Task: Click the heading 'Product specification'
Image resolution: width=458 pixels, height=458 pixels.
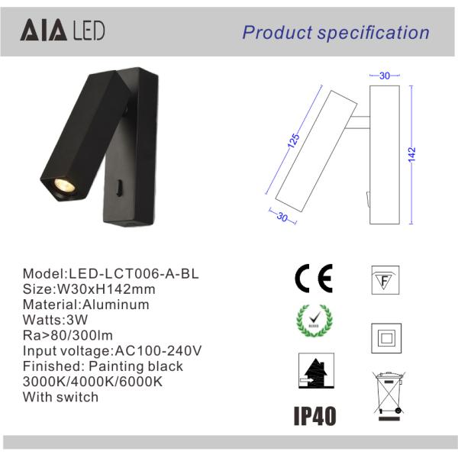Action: pos(336,32)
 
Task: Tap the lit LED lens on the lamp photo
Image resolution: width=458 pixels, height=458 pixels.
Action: pos(61,185)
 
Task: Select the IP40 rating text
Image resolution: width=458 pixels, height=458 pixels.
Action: pos(314,415)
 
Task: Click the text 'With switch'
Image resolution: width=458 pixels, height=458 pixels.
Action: pos(61,397)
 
